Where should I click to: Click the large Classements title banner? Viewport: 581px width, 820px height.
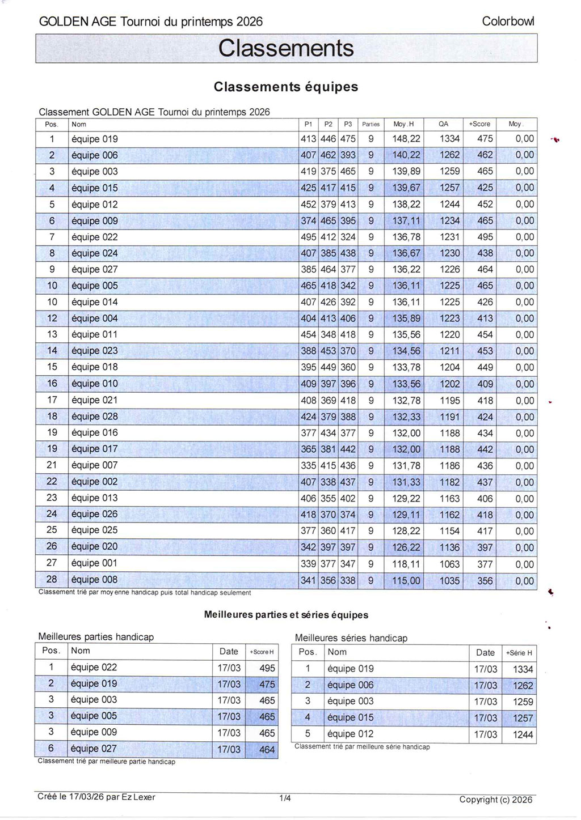pos(286,48)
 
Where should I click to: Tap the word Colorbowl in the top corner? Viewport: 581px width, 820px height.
pos(508,22)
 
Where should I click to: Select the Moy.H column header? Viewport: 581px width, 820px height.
pos(403,124)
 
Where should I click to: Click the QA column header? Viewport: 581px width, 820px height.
pos(443,124)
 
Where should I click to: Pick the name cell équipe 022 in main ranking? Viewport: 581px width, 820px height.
pos(95,237)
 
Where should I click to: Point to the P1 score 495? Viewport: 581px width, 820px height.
pos(309,237)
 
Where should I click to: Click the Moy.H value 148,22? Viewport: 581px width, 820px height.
pos(406,139)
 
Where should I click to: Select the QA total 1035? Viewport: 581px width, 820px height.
pos(449,580)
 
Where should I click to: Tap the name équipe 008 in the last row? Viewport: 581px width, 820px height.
pos(95,580)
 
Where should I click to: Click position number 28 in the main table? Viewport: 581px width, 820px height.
pos(52,580)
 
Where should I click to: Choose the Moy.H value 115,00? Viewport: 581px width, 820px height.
pos(406,580)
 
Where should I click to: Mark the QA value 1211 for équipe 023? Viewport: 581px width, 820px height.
pos(449,351)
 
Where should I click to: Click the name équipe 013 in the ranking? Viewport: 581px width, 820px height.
pos(95,498)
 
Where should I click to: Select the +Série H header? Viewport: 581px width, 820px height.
pos(519,653)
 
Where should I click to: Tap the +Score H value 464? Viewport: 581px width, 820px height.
pos(267,749)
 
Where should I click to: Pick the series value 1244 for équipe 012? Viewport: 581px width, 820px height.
pos(523,734)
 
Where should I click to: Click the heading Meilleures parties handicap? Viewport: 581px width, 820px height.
pos(96,637)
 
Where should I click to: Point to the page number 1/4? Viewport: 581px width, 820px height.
pos(285,799)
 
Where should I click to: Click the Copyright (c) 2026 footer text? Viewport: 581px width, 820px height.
pos(495,800)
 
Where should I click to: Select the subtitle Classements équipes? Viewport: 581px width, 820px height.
pos(286,87)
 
